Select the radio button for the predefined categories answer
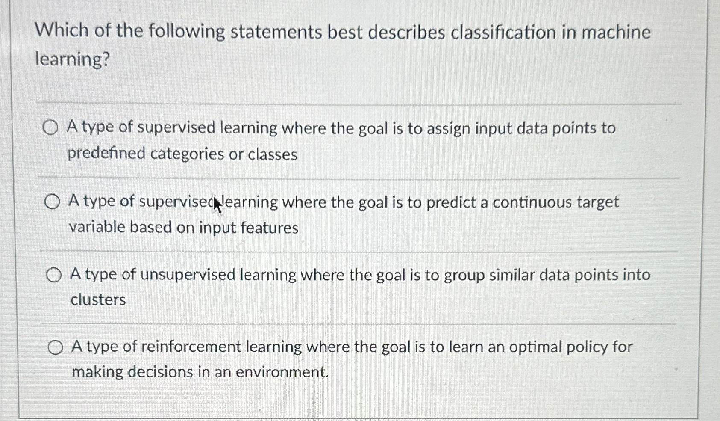50,127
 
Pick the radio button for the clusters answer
54,275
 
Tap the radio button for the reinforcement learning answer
56,347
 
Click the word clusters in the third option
98,299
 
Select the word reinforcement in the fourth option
191,347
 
